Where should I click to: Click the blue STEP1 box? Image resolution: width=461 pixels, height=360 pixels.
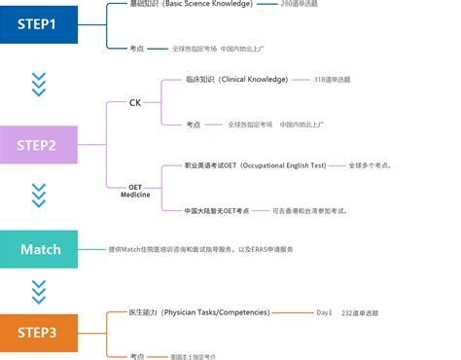tap(39, 23)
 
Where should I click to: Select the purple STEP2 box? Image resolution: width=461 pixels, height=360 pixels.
tap(39, 145)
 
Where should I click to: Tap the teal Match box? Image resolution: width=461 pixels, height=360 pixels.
tap(39, 249)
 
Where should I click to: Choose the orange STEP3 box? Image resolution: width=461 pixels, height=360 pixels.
tap(39, 332)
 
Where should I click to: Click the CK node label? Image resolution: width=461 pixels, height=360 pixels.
tap(135, 102)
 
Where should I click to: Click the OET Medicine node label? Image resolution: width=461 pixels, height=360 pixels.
tap(135, 191)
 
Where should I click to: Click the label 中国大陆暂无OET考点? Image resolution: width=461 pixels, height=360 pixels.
tap(217, 211)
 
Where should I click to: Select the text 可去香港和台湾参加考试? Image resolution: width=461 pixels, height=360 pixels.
tap(309, 211)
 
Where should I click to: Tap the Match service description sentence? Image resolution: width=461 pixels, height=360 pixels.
tap(214, 249)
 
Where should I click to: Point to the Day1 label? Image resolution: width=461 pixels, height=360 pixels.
tap(324, 313)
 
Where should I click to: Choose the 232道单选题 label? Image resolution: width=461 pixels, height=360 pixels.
tap(361, 313)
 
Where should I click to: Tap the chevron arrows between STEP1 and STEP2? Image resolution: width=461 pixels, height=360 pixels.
tap(39, 86)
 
